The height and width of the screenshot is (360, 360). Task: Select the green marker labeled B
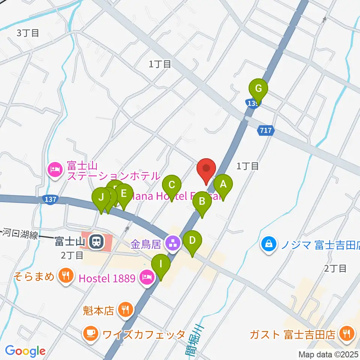click(202, 202)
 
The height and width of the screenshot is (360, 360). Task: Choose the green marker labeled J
click(101, 197)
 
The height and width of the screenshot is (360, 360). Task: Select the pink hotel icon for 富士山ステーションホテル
click(55, 170)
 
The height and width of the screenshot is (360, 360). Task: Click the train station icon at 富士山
click(97, 242)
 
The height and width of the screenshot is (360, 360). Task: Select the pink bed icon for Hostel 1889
click(145, 278)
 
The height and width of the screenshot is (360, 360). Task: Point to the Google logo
click(25, 351)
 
